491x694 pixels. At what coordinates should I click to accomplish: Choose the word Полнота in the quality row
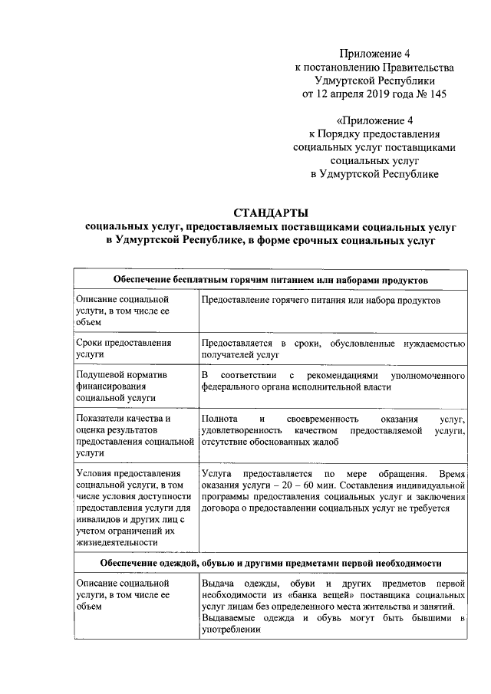[218, 419]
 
